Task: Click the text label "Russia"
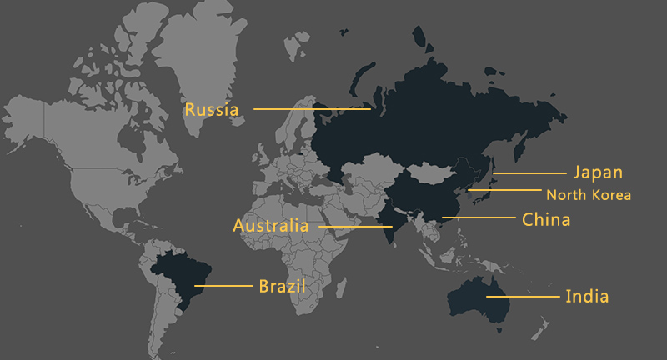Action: point(212,109)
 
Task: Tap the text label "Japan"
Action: point(597,172)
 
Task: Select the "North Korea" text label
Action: point(589,195)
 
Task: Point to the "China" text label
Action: point(546,220)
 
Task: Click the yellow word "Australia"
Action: point(271,226)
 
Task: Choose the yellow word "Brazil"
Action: point(282,286)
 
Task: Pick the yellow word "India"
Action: point(587,296)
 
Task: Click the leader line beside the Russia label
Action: point(312,109)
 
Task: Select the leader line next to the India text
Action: point(523,296)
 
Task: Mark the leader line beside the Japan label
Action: point(529,173)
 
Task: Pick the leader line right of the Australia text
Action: point(350,227)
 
